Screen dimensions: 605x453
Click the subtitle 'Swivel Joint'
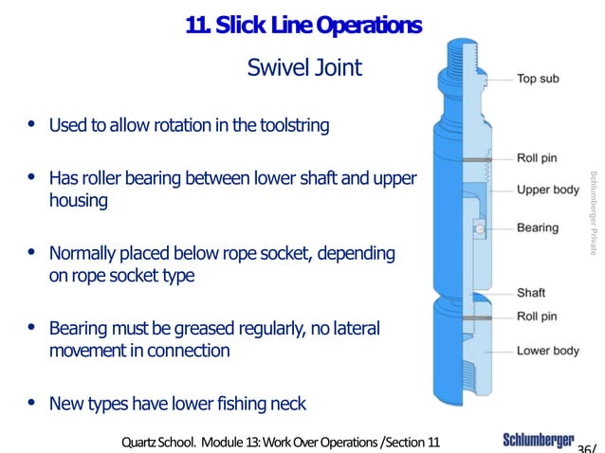click(303, 68)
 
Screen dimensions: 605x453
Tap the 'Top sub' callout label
click(537, 79)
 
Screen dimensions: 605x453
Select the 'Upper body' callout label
click(547, 190)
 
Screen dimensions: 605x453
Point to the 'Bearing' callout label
click(537, 228)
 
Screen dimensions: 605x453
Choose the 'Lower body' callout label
click(547, 351)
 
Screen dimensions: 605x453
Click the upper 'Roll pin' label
click(537, 157)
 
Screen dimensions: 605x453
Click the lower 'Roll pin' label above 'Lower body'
click(537, 317)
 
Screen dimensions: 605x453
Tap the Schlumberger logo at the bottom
click(538, 441)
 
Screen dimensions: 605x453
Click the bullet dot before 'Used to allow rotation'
click(33, 124)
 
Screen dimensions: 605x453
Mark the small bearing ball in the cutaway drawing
click(481, 228)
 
